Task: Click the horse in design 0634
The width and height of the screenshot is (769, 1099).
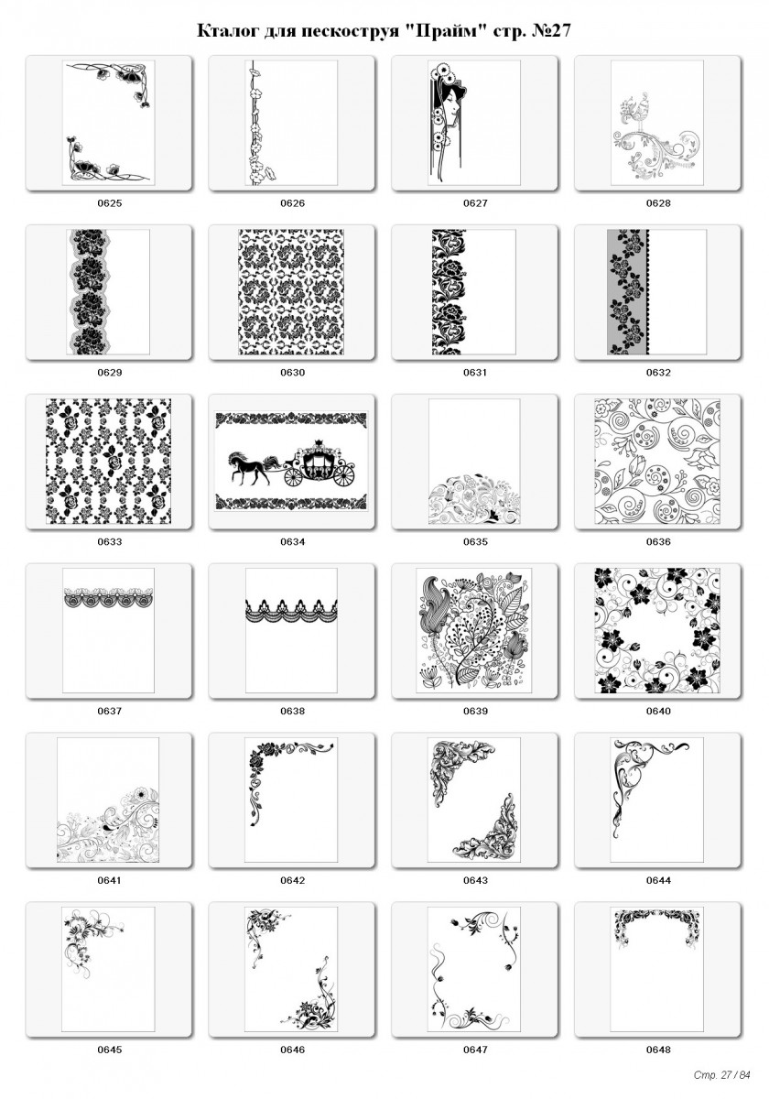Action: click(x=249, y=468)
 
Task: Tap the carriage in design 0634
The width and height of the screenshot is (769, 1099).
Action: click(x=319, y=463)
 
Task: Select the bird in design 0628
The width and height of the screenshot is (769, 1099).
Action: click(x=639, y=115)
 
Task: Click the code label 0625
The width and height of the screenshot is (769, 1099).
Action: click(x=109, y=203)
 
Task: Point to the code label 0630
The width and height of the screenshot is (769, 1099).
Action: click(x=292, y=373)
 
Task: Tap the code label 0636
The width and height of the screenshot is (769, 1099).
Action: click(x=658, y=541)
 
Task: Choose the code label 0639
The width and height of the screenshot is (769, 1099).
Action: click(x=475, y=711)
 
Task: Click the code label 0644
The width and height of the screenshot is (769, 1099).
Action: click(x=658, y=880)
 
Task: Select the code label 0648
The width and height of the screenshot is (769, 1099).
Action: click(x=658, y=1050)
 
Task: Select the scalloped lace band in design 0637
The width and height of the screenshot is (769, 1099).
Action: click(x=108, y=597)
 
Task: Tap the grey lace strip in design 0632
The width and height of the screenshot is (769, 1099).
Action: click(x=628, y=291)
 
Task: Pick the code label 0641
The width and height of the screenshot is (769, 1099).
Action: click(x=109, y=880)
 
